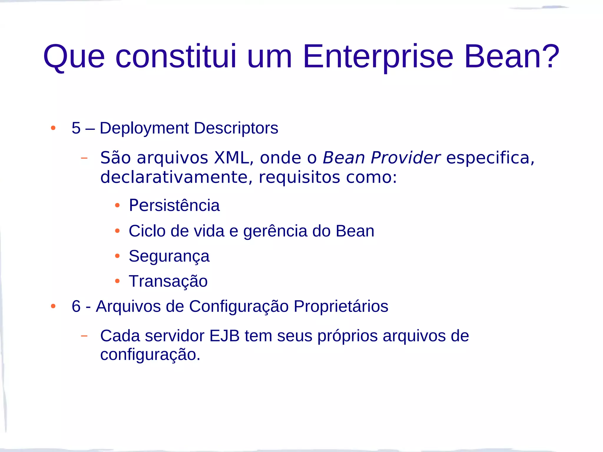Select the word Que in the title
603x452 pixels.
tap(74, 56)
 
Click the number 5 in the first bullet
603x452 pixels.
tap(76, 128)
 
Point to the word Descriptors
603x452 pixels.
tap(236, 128)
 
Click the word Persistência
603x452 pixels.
tap(174, 205)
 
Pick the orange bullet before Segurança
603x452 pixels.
tap(117, 256)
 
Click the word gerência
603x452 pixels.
tap(275, 231)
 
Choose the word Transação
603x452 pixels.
tap(168, 281)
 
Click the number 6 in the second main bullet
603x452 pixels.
tap(76, 306)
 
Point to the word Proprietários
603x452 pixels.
tap(341, 306)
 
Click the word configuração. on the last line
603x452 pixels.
tap(150, 354)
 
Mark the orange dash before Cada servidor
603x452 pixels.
tap(84, 336)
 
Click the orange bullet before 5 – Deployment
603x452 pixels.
tap(53, 128)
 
